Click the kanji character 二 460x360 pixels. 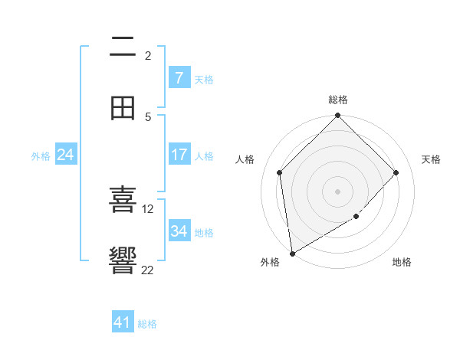[123, 48]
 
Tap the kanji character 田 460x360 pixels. [123, 109]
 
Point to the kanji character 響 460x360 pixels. [123, 260]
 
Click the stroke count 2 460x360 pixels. [148, 55]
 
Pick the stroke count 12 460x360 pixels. [148, 208]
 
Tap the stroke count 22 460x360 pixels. [148, 270]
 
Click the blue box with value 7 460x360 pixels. [179, 78]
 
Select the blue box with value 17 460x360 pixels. [179, 155]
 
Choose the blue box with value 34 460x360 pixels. [179, 231]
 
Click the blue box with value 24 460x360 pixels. [66, 155]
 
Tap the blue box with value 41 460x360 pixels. [123, 322]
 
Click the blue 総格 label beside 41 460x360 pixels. [147, 324]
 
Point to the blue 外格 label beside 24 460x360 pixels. [41, 156]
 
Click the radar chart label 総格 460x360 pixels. [338, 100]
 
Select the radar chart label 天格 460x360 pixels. [431, 159]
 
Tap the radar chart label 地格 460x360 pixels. [402, 262]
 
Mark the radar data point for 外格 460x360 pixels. [291, 254]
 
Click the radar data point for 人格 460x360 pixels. [280, 172]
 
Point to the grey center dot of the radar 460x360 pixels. [338, 191]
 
